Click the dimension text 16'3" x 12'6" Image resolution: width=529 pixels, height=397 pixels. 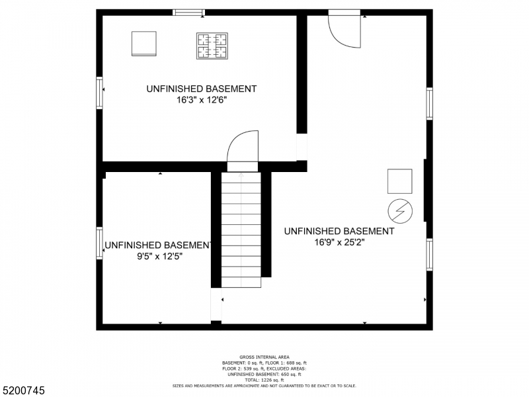click(201, 101)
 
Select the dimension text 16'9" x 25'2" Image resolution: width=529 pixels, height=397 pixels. click(339, 242)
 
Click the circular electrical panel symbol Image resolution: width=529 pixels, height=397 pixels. click(399, 210)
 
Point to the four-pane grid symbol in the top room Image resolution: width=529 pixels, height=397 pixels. click(212, 46)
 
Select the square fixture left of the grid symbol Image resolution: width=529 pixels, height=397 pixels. click(143, 44)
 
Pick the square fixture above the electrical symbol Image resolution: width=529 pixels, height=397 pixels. click(399, 181)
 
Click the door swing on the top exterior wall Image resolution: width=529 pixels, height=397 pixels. click(346, 30)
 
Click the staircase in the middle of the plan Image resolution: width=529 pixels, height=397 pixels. click(241, 228)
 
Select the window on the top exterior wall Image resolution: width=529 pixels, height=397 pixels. click(189, 12)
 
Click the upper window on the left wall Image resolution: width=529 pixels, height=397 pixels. click(100, 92)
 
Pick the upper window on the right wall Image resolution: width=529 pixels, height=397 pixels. click(429, 104)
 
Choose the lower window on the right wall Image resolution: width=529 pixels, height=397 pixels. click(429, 254)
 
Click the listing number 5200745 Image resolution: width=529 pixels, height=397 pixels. click(24, 391)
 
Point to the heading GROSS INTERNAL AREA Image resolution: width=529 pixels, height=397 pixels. click(264, 357)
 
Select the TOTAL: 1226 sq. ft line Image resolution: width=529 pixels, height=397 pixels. click(264, 379)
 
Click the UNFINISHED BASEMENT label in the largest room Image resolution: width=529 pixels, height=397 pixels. click(339, 231)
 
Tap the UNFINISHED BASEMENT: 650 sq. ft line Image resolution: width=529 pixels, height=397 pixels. click(264, 374)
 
